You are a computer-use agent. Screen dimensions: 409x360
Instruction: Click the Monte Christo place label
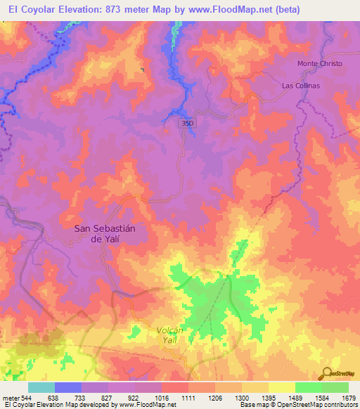coord(319,63)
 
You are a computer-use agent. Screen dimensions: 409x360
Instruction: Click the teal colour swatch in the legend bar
coord(41,388)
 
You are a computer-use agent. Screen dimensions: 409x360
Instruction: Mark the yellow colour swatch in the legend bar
coord(281,388)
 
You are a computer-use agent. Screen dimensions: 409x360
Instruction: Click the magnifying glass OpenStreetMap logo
coord(328,372)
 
